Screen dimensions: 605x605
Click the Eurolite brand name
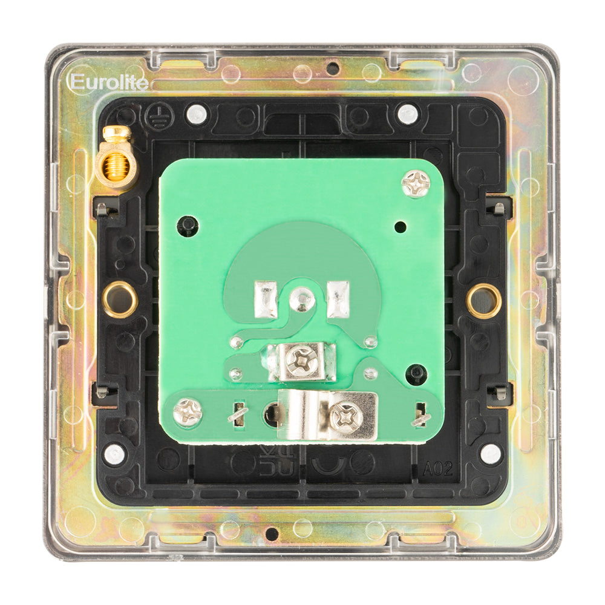coord(109,82)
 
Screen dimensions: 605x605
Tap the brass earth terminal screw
coord(115,159)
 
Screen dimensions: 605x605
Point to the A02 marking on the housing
coord(438,469)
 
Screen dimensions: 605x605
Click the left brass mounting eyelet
coord(120,299)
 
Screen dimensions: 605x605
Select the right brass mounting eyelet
coord(483,299)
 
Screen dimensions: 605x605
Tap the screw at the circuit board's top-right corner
coord(416,183)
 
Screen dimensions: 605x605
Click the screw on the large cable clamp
coord(346,415)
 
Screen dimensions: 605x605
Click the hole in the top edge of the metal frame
coord(332,68)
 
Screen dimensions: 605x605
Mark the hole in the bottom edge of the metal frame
coord(272,534)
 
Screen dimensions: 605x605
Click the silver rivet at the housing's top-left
coord(195,113)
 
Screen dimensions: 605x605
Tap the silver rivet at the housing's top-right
coord(408,113)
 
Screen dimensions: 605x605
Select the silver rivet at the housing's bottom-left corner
coord(114,454)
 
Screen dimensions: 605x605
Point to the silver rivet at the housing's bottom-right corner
coord(490,454)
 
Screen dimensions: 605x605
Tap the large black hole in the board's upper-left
coord(188,226)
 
